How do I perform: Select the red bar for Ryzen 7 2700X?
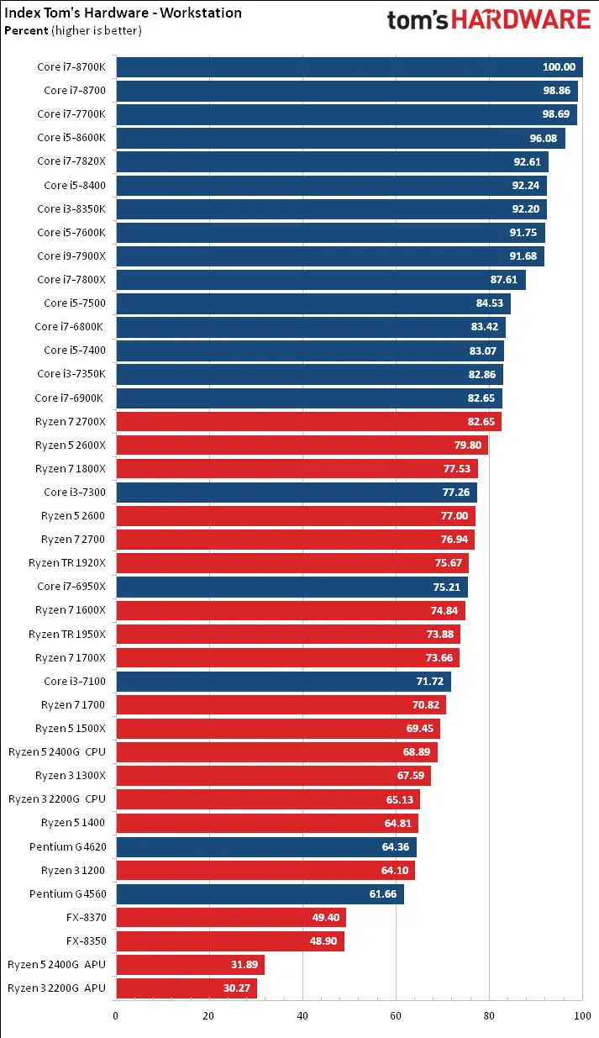[x=308, y=421]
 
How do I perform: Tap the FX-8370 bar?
[x=230, y=917]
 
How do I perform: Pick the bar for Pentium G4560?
[x=260, y=893]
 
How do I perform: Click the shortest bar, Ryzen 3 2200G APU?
[x=186, y=988]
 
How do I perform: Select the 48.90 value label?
[x=323, y=941]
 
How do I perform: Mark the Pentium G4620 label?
[x=67, y=846]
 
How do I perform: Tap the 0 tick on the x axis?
[x=116, y=1015]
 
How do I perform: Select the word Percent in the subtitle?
[x=26, y=30]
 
